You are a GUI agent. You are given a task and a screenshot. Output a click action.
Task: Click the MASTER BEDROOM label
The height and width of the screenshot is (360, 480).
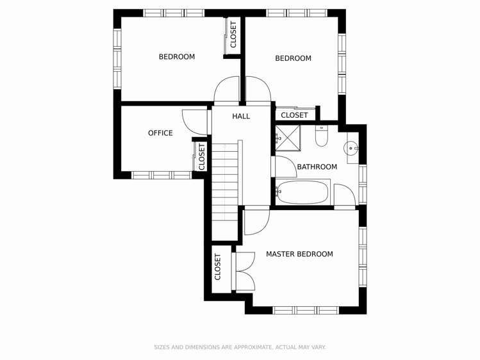[299, 254]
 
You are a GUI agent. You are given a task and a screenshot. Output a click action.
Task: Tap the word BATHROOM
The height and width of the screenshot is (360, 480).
[317, 167]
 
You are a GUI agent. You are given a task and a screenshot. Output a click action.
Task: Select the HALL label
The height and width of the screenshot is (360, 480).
[241, 116]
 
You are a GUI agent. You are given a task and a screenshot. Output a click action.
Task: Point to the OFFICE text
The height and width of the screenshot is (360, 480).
[160, 133]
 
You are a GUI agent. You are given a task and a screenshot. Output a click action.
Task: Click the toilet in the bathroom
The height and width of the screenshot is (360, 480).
[322, 136]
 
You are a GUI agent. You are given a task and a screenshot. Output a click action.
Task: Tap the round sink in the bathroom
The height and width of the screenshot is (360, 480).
[352, 149]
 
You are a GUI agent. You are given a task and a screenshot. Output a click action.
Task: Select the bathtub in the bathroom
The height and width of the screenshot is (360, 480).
[302, 192]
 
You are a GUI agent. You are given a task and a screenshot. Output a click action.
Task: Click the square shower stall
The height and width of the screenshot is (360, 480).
[288, 137]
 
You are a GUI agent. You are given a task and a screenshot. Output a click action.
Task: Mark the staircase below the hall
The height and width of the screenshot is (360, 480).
[225, 183]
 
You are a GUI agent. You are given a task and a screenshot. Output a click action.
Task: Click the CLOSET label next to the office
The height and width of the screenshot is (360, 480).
[202, 156]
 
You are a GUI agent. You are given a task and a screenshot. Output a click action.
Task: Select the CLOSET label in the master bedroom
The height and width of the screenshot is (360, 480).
[218, 267]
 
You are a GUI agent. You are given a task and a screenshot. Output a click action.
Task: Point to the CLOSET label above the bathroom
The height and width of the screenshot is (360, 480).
[294, 115]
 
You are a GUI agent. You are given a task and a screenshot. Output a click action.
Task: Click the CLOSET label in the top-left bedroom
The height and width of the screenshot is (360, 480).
[233, 35]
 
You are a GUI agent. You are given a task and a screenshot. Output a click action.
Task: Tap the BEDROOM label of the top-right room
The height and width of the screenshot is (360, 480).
[293, 58]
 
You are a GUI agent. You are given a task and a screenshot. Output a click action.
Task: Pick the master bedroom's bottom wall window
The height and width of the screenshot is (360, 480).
[306, 310]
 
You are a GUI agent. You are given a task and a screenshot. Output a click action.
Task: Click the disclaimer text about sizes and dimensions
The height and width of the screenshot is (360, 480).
[240, 347]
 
